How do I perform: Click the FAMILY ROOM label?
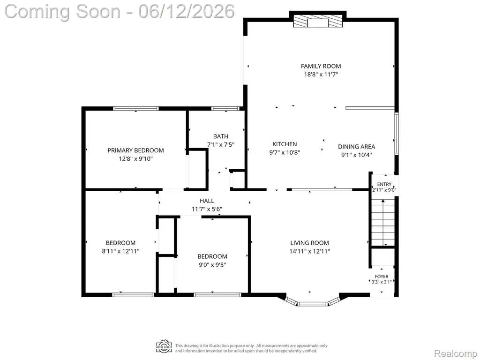tap(321, 66)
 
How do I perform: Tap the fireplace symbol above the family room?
tap(318, 22)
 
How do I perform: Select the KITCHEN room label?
tap(285, 144)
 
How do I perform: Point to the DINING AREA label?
tap(356, 147)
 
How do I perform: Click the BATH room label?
tap(221, 136)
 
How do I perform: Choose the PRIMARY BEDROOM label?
tap(135, 150)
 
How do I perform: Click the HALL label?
tap(207, 201)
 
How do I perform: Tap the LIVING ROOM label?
tap(309, 243)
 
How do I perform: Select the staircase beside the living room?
tap(383, 222)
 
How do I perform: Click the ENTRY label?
tap(384, 184)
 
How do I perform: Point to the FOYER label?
tap(382, 277)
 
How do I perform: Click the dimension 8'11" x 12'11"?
tap(120, 251)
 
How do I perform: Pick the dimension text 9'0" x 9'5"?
tap(212, 265)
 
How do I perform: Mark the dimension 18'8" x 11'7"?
tap(321, 75)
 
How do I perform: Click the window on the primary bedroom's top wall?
tap(136, 108)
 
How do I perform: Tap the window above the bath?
tap(225, 108)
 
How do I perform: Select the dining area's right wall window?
tap(397, 133)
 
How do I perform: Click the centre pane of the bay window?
tap(313, 304)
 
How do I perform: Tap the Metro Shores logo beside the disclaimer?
tap(164, 346)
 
